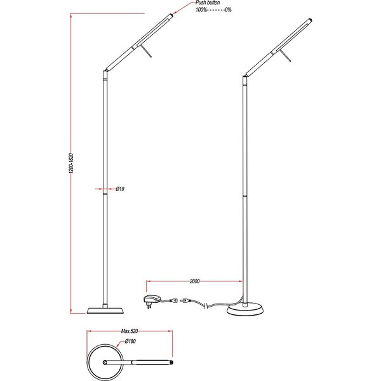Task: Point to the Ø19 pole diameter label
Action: tap(120, 189)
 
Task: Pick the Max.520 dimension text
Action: tap(130, 331)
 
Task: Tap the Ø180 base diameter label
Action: tap(131, 342)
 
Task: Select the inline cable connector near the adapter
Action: tap(184, 301)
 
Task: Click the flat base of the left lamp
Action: tap(104, 309)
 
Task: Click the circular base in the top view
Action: tap(104, 362)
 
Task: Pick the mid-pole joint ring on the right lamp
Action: tap(244, 197)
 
